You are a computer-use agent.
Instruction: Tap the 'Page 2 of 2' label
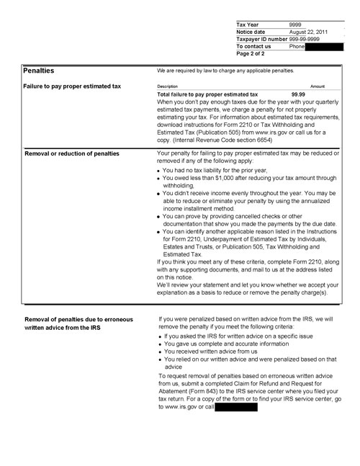click(251, 53)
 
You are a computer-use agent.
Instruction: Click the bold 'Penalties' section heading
click(39, 71)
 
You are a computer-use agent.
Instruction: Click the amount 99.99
click(298, 94)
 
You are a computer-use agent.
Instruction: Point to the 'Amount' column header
click(318, 86)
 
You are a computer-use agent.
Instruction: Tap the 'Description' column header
click(167, 86)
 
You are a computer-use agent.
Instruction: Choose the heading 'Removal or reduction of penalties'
click(72, 154)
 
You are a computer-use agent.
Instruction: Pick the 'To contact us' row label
click(253, 46)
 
